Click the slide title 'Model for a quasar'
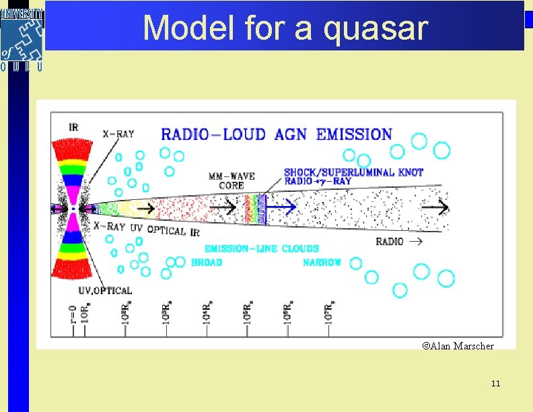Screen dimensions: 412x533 coord(285,28)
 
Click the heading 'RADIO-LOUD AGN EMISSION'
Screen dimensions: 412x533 coord(276,134)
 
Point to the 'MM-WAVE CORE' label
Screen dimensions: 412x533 coord(232,180)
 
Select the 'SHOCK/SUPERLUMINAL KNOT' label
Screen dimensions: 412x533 coord(353,172)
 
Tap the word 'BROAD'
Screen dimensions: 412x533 coord(207,262)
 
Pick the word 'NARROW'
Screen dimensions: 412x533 coord(322,262)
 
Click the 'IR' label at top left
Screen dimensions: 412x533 coord(73,127)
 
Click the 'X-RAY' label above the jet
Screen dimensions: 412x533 coord(118,134)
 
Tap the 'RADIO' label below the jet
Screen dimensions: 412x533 coord(390,241)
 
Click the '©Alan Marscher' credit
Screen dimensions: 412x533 coord(458,346)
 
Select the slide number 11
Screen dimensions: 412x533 coord(496,384)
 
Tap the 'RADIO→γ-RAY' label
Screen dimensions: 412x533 coord(318,182)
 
